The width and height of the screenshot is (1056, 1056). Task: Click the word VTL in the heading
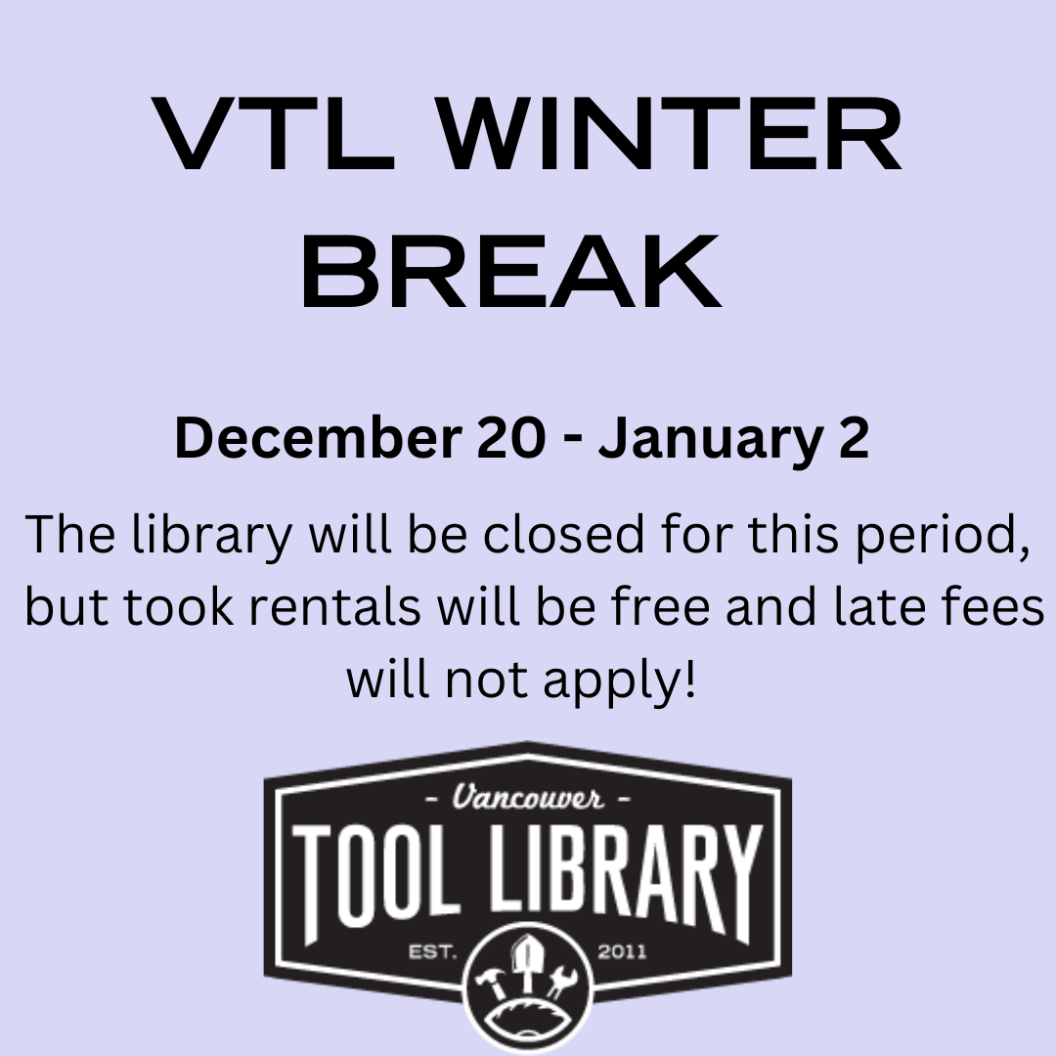click(x=273, y=133)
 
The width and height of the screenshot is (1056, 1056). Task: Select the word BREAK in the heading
click(x=511, y=272)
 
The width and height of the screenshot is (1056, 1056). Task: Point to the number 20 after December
click(x=511, y=438)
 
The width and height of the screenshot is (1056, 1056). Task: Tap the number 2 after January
click(x=854, y=438)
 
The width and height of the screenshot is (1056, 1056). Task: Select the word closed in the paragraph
click(x=564, y=534)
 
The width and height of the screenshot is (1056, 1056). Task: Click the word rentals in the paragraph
click(x=334, y=606)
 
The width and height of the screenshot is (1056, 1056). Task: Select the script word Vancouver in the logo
click(x=528, y=797)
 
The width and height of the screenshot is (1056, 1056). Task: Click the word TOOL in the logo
click(x=372, y=881)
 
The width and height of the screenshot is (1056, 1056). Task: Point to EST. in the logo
click(x=433, y=952)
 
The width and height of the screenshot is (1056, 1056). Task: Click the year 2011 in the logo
click(x=622, y=952)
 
